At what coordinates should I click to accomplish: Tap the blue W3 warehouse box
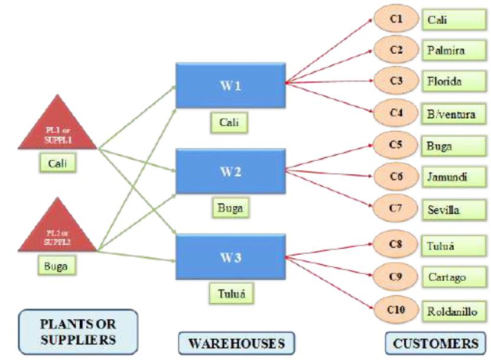tap(230, 258)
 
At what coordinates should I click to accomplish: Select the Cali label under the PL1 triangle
tap(59, 162)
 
